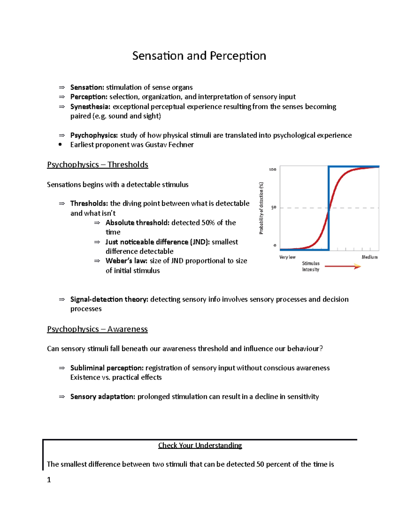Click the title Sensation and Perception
pos(199,56)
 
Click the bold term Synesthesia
pos(90,107)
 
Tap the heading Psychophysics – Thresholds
pos(97,165)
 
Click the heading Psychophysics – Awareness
pos(97,329)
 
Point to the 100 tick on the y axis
pos(272,169)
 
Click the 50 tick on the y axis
pos(274,207)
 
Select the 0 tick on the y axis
pos(275,245)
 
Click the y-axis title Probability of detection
pos(261,208)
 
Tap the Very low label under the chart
pos(287,257)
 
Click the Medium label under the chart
pos(369,257)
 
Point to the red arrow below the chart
pos(342,266)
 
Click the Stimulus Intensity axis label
pos(311,266)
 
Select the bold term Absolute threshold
pos(137,223)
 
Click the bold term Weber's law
pos(126,261)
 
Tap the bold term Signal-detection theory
pos(109,299)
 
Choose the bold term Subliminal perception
pos(107,368)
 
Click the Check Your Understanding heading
pos(200,445)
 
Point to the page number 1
pos(49,480)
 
